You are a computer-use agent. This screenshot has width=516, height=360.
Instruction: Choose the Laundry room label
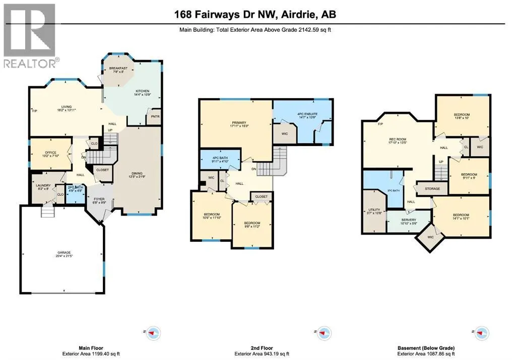[x=42, y=186]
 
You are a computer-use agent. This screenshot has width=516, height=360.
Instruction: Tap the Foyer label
[x=98, y=200]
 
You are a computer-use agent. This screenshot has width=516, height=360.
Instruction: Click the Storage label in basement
[x=432, y=189]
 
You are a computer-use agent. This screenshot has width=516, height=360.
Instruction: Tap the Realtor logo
[x=30, y=35]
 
